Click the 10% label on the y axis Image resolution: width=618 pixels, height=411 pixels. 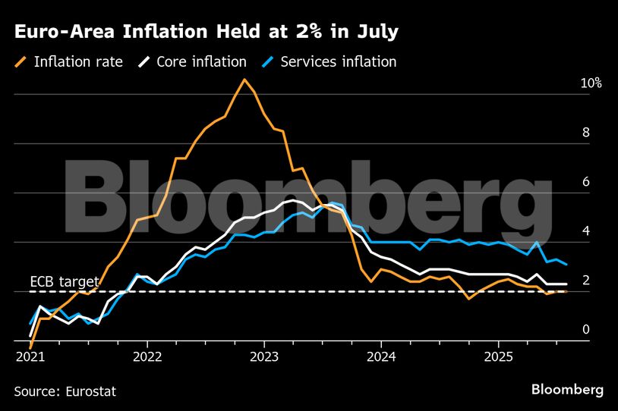(x=591, y=83)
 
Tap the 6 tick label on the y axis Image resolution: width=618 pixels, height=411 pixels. (x=585, y=182)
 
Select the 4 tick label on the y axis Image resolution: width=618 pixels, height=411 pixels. (x=585, y=231)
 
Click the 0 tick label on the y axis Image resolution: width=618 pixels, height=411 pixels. (x=585, y=329)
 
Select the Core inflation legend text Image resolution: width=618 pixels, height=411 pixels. (x=201, y=62)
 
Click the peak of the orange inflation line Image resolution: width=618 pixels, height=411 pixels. (x=244, y=79)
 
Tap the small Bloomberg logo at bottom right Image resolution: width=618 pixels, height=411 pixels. (x=567, y=390)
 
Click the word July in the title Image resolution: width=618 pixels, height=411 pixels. (x=377, y=33)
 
